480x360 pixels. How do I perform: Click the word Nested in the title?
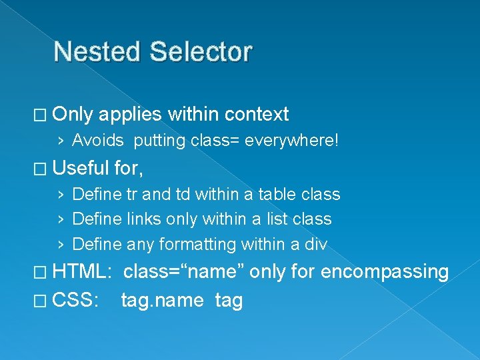99,52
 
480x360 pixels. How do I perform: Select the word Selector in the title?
201,52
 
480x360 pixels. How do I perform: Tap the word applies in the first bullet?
130,115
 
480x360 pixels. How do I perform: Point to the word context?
257,115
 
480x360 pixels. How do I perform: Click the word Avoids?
97,141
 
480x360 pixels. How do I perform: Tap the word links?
136,219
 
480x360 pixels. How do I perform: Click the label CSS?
75,300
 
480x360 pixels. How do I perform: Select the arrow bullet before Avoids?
61,141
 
